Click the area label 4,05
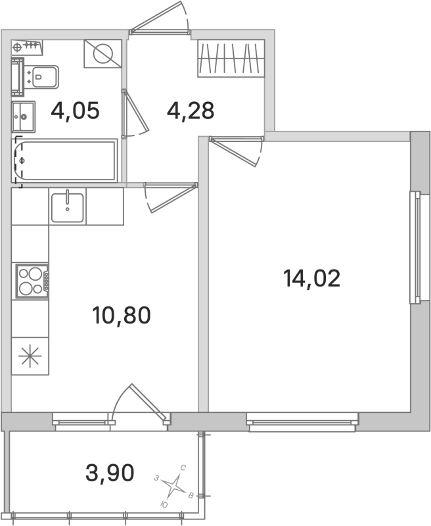pos(75,110)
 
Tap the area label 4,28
pos(191,110)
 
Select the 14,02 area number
pos(311,279)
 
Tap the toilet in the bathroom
pos(43,78)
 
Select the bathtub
pos(66,161)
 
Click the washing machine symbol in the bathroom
pos(102,53)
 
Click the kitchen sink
pos(68,206)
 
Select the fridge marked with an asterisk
pos(30,357)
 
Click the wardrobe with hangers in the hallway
pos(231,58)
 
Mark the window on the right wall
pos(415,247)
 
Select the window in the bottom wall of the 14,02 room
pos(303,421)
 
